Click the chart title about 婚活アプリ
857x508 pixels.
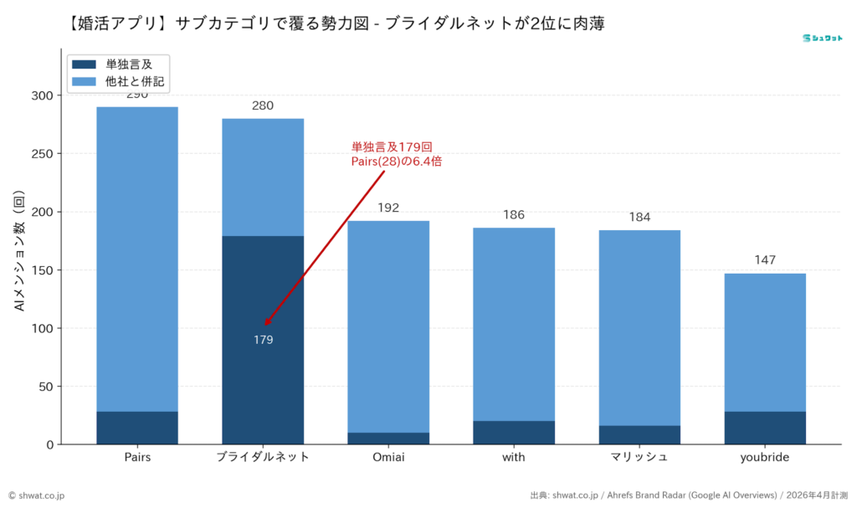point(335,23)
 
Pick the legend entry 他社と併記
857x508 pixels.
point(135,81)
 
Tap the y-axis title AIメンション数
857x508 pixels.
point(19,252)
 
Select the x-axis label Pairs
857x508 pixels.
point(137,457)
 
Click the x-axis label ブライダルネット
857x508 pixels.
point(263,457)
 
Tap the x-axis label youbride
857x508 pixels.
point(765,457)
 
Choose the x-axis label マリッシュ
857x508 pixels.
point(639,457)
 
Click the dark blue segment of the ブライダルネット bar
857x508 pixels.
point(263,377)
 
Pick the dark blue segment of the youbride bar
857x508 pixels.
point(765,428)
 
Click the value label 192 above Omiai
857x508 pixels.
point(388,208)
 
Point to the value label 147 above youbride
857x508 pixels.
point(765,260)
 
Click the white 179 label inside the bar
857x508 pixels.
point(264,340)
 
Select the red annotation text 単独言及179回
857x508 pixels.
point(392,146)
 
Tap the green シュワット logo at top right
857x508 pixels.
point(821,38)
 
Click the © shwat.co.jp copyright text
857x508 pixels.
point(37,495)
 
